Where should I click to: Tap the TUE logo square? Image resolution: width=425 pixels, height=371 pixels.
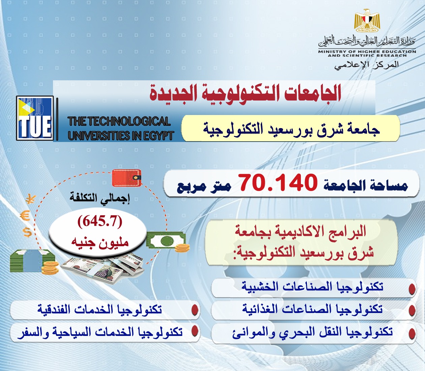[x=35, y=118]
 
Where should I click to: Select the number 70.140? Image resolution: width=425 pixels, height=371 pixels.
[x=278, y=183]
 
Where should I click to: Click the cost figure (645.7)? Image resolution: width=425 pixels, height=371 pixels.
[x=100, y=221]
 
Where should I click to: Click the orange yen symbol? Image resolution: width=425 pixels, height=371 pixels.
[x=30, y=199]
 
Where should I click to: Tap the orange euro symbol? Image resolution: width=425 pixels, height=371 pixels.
[x=26, y=216]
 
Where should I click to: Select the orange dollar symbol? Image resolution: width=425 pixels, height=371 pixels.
[x=27, y=232]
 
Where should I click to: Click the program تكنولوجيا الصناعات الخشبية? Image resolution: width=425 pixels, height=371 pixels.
[x=312, y=287]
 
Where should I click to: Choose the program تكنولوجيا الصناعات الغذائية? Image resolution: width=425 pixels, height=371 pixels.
[x=312, y=309]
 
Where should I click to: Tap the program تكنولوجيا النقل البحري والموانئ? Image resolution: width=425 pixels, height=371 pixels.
[x=312, y=332]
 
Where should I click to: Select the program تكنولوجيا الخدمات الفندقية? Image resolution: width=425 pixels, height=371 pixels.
[x=100, y=309]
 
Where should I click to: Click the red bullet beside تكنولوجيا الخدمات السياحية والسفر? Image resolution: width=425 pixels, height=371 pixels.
[x=195, y=332]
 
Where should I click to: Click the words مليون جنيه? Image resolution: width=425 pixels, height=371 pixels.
[x=100, y=242]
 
